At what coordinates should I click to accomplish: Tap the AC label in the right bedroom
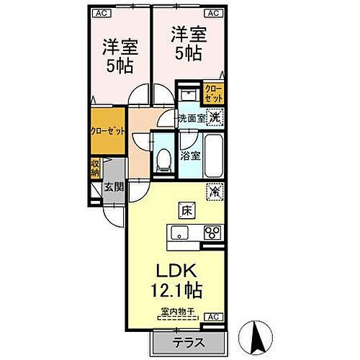coord(214,12)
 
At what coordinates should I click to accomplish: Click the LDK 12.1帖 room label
coord(175,280)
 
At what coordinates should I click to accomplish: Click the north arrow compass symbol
coord(258,336)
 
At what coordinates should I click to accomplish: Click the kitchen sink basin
coord(179,233)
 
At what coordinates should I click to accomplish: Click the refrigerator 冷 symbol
coord(215,192)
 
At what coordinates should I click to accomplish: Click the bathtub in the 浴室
coord(214,154)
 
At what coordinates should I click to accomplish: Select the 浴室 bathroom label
coord(190,154)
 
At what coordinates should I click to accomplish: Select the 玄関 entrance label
coord(114,187)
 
